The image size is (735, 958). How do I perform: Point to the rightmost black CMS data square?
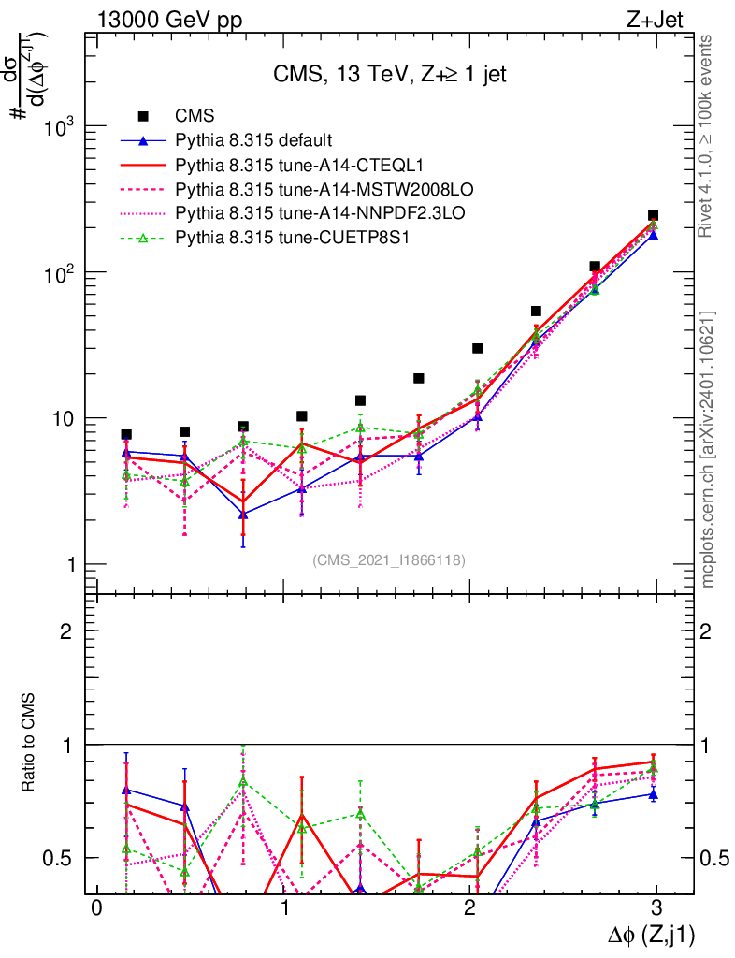[x=653, y=216]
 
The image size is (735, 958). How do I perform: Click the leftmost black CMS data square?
[x=126, y=434]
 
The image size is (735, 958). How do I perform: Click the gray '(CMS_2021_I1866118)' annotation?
[x=389, y=560]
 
